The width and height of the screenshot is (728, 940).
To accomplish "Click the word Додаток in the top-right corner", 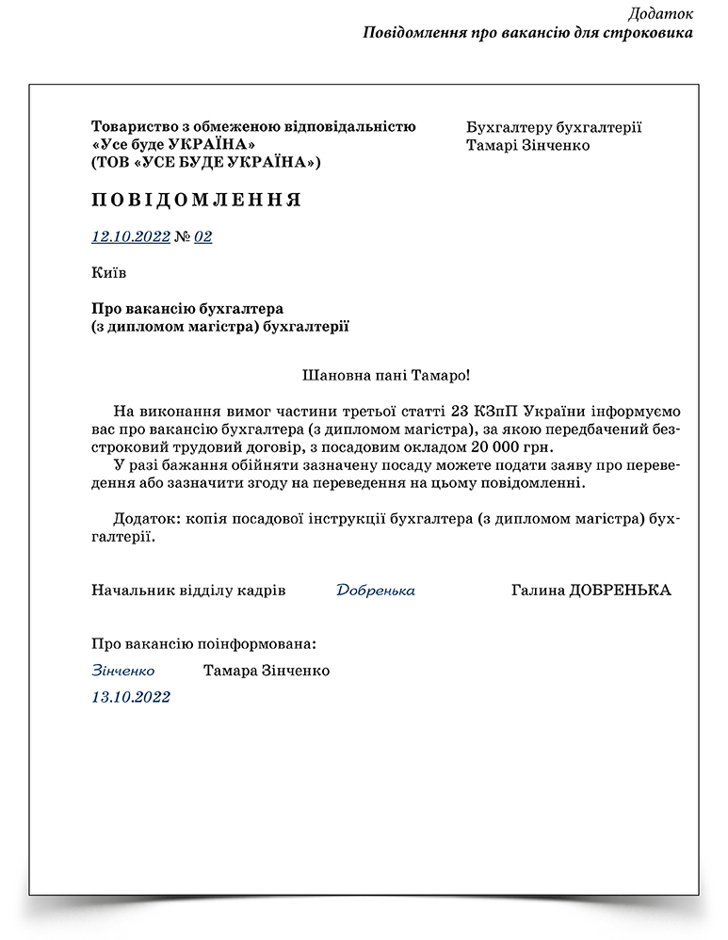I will (660, 13).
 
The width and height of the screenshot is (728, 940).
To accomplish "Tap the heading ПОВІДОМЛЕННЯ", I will (196, 200).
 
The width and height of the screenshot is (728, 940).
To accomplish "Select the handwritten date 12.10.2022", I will (130, 236).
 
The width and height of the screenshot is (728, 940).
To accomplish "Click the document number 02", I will (202, 236).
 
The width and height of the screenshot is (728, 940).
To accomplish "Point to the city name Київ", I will (108, 273).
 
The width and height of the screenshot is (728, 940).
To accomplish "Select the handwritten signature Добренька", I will (375, 591).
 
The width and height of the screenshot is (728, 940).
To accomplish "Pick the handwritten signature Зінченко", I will (123, 671).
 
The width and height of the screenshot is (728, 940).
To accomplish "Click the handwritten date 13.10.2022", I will (131, 697).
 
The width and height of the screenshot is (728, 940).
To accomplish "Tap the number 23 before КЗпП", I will (460, 412).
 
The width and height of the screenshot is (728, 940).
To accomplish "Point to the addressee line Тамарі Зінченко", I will (527, 145).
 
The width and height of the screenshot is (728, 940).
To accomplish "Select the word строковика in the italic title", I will (651, 32).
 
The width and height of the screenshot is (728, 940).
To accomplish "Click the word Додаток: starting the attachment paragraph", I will (147, 519).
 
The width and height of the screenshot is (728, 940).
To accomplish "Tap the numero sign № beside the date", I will (182, 236).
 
